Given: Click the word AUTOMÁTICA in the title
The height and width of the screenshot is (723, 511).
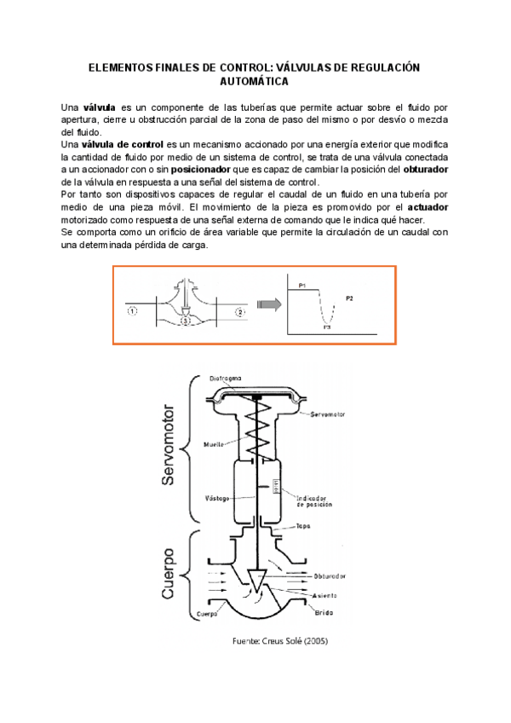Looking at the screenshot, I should [255, 82].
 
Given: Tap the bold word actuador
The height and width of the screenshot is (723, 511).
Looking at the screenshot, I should [427, 207].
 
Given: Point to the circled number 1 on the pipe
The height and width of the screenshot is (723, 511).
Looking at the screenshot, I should [133, 311].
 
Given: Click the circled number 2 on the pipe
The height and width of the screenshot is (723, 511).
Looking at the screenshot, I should [240, 311].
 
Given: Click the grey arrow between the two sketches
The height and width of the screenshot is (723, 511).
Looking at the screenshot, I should [269, 303].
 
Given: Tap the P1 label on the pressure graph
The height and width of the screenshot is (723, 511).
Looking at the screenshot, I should [302, 282].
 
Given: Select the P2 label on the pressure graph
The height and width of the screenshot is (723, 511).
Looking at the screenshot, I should [351, 297].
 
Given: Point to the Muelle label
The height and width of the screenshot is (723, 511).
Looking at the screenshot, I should [215, 444].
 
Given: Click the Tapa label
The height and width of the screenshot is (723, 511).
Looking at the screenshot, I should [302, 527].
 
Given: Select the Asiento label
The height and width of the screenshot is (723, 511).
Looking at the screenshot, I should [324, 595].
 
